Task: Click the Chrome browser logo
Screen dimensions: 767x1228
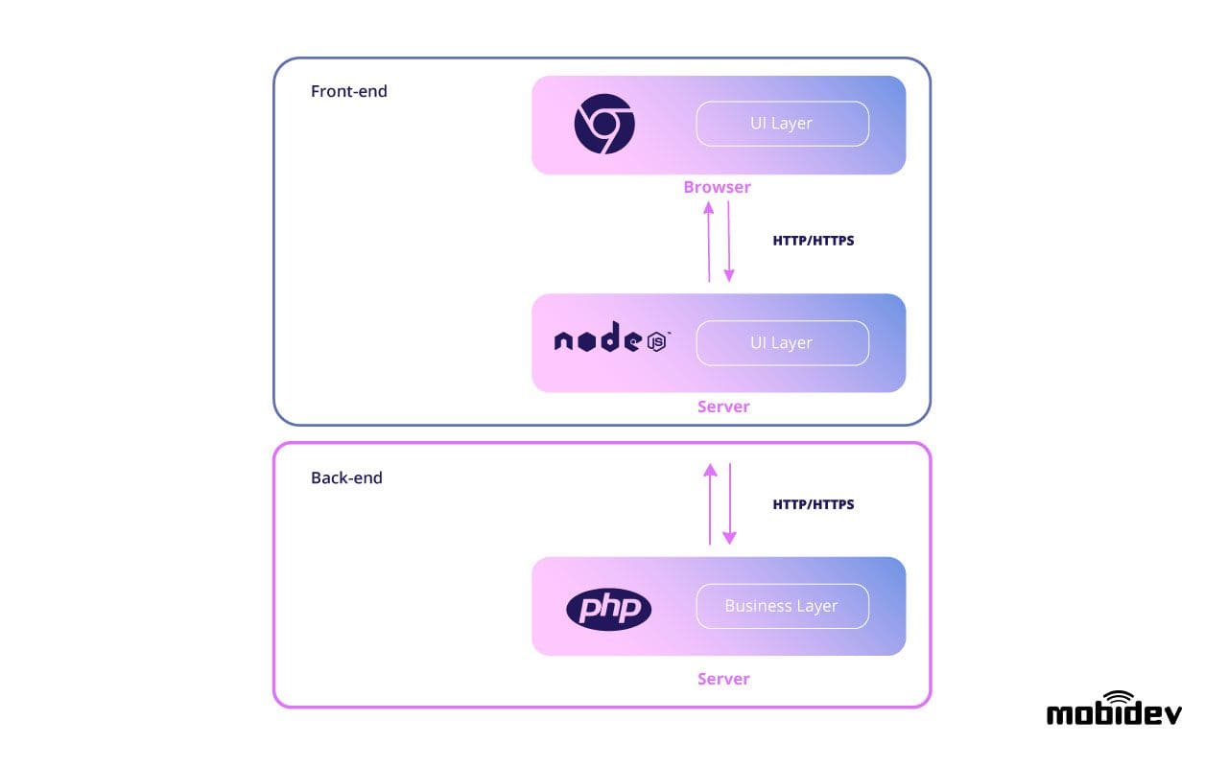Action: click(x=604, y=125)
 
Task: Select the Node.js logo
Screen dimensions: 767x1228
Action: click(x=611, y=339)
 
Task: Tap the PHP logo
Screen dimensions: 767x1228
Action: click(x=608, y=609)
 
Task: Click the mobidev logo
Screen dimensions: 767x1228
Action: click(x=1114, y=710)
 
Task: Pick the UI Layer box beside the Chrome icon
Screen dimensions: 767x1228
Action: click(x=782, y=124)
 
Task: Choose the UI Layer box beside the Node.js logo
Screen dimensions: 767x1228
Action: click(x=782, y=343)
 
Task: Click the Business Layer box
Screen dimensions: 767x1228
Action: click(x=782, y=606)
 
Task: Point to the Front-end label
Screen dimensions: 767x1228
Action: click(x=349, y=92)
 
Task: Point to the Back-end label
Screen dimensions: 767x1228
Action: click(x=346, y=477)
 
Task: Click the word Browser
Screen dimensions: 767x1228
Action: click(x=717, y=187)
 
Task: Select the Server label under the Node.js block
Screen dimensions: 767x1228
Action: click(x=723, y=407)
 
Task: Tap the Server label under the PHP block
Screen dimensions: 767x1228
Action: click(x=723, y=679)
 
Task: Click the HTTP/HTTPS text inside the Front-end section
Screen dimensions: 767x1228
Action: click(x=813, y=241)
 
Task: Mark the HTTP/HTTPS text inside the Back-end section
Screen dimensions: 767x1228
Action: click(x=813, y=504)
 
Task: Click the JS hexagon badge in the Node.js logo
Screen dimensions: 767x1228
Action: click(x=658, y=342)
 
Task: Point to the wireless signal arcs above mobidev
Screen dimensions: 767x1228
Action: click(x=1119, y=697)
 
